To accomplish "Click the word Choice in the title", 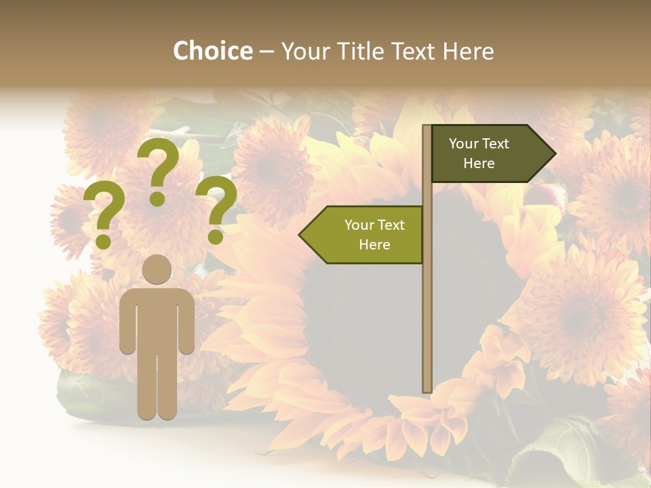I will (212, 52).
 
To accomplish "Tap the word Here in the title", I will (469, 52).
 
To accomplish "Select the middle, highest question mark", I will (159, 169).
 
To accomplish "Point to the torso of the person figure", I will (157, 319).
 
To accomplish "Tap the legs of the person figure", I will (157, 386).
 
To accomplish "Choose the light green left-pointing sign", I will (366, 235).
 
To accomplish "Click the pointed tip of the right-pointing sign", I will (554, 154).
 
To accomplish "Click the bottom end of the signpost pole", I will (427, 389).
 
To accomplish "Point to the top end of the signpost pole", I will (427, 127).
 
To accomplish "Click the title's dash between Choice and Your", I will (267, 52).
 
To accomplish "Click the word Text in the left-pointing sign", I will (392, 225).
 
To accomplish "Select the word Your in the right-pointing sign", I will (464, 144).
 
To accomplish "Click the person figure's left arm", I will (127, 322).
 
